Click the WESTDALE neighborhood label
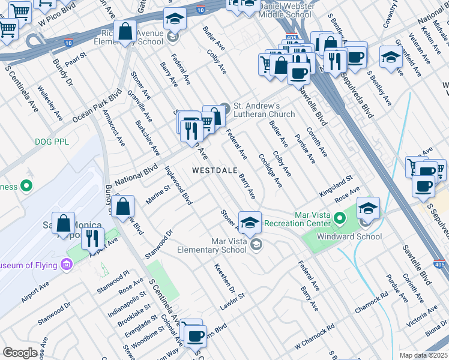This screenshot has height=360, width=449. coord(217,170)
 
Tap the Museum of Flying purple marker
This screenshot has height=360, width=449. coord(67,265)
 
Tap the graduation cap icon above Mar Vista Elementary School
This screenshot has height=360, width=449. coord(250,221)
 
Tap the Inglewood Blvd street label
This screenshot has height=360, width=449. coord(178,190)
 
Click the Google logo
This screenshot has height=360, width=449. coord(20,353)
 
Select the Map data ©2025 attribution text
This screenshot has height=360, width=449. coord(423,355)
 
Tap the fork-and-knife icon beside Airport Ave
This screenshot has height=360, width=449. coord(92,238)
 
